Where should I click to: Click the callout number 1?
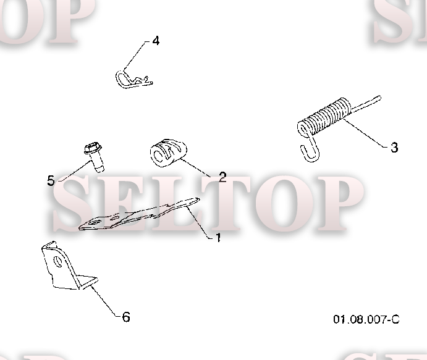[218, 237]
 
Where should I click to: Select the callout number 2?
[222, 177]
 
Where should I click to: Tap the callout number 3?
[394, 148]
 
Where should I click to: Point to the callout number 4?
[156, 41]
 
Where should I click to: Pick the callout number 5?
[51, 180]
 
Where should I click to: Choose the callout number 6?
[126, 317]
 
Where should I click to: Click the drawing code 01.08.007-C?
[366, 319]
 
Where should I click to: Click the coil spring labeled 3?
[326, 117]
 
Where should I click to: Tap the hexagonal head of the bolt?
[91, 148]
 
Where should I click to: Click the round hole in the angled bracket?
[59, 262]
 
